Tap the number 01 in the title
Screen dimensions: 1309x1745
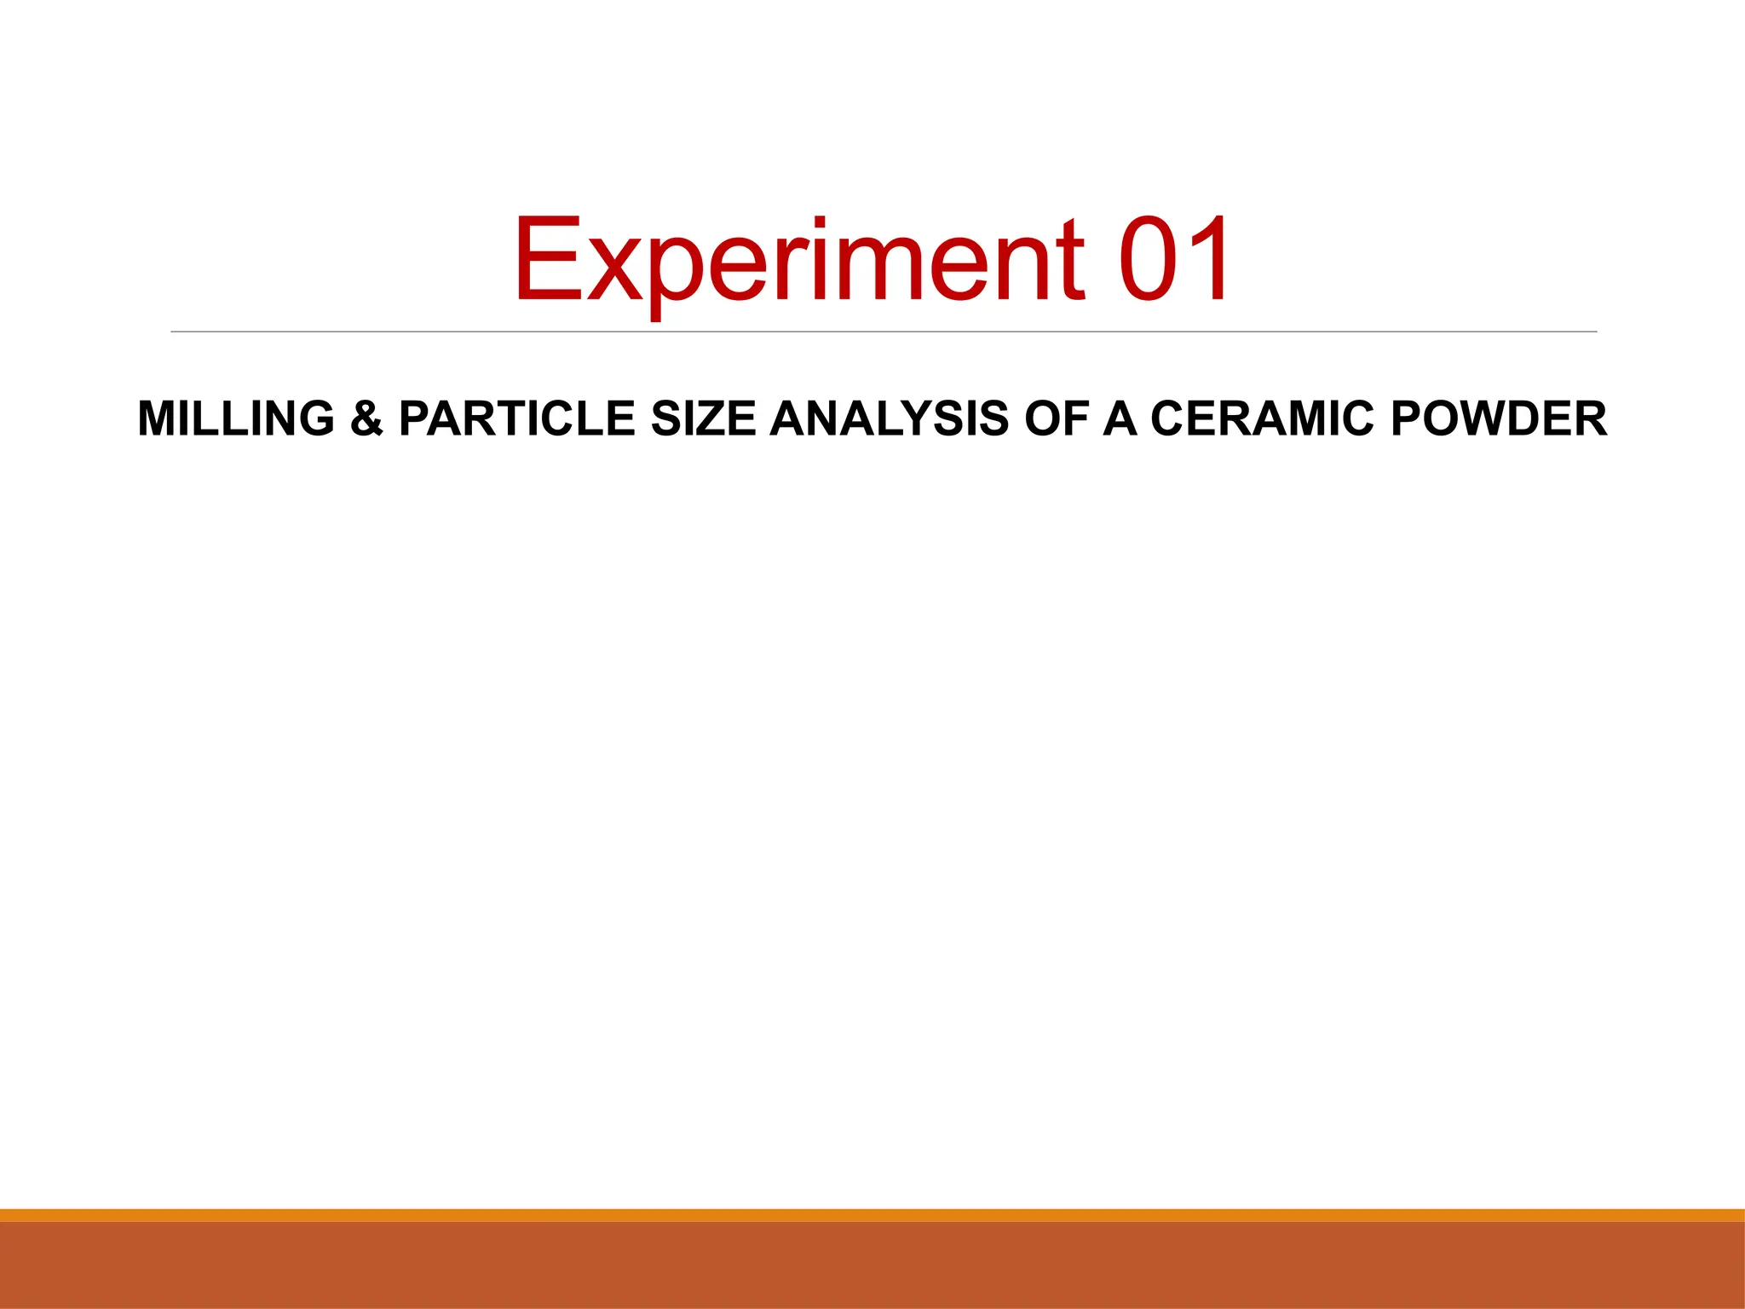click(x=1174, y=260)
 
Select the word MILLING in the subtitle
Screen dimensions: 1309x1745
click(x=236, y=418)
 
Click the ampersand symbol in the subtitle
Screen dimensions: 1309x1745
click(x=366, y=418)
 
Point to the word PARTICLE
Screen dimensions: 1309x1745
click(x=516, y=418)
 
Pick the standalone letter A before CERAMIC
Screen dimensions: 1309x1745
click(x=1120, y=418)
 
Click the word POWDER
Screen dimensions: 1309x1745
click(x=1499, y=418)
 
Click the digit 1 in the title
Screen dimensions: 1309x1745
click(x=1208, y=260)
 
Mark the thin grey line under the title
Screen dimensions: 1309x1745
click(x=884, y=332)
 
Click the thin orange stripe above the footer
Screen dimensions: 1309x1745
click(x=872, y=1215)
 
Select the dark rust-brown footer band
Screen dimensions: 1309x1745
click(x=872, y=1266)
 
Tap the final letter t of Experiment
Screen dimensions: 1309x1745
click(x=1071, y=260)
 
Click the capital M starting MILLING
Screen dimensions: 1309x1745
click(x=158, y=418)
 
